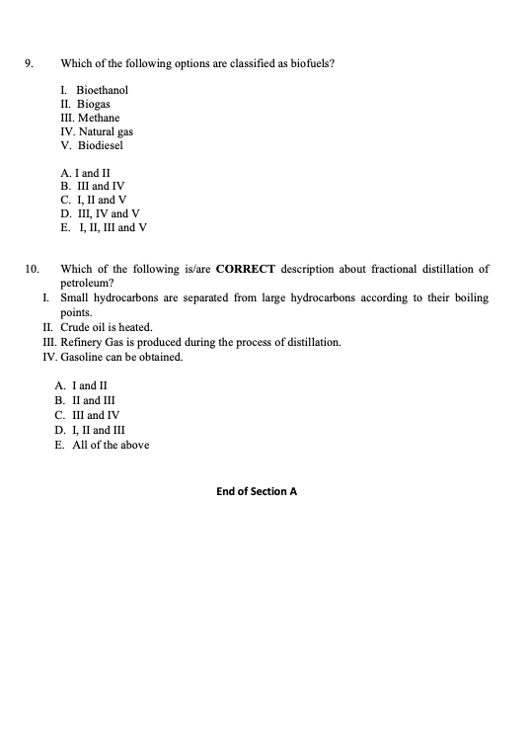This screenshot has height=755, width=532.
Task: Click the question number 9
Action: [29, 64]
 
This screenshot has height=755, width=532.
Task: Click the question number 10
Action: [32, 269]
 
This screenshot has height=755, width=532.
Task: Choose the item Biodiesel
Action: [102, 145]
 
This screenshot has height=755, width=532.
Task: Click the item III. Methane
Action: [91, 118]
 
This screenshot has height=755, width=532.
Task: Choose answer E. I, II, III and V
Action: [104, 226]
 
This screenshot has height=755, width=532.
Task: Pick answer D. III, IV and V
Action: [100, 212]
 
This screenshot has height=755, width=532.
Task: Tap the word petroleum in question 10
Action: [85, 282]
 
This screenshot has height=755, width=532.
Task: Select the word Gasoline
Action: [83, 357]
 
